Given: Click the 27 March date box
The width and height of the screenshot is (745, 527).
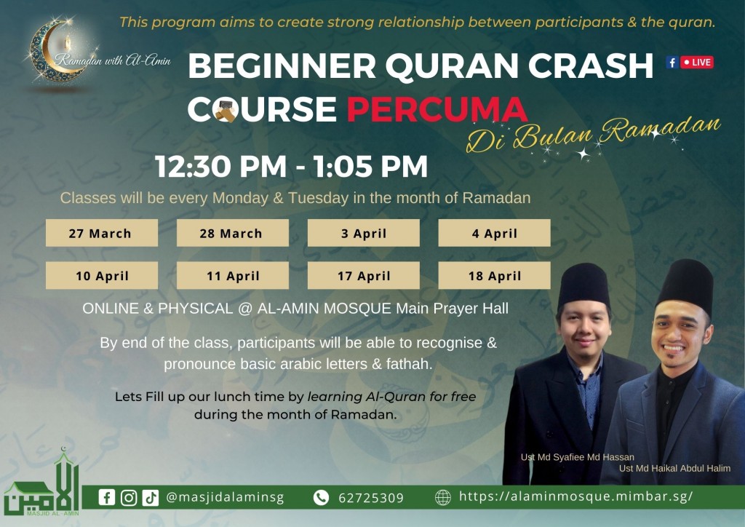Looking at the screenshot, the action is (102, 233).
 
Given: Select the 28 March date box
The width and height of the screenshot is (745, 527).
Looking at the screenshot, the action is (233, 233).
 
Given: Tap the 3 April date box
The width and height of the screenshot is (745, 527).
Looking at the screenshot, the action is (364, 233).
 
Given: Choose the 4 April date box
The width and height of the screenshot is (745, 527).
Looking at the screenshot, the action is (494, 233).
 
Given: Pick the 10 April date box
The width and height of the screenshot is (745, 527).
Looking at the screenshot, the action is (102, 275).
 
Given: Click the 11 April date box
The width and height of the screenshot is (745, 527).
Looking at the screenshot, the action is (233, 275).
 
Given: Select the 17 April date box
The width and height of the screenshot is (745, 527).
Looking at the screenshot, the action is (364, 275).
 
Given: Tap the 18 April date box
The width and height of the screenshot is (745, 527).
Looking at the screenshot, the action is (494, 275).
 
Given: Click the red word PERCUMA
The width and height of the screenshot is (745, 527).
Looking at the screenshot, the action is (437, 109).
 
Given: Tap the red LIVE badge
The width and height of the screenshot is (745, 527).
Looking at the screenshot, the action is (697, 63).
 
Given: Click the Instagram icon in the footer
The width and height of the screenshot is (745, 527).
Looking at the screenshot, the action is (129, 498).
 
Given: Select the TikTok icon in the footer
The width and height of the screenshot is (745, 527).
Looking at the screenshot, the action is (151, 498).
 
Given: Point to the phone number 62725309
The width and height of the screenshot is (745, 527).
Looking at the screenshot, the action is (370, 498).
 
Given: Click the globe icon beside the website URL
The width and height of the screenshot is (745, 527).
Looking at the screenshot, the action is (443, 498).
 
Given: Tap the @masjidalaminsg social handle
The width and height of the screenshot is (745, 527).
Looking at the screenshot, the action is (225, 498).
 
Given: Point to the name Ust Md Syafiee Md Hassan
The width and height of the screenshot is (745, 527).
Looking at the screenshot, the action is (577, 457).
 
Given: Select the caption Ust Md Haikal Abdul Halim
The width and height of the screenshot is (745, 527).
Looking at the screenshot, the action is (674, 469).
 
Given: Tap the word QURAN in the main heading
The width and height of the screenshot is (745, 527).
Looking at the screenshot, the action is (451, 66).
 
